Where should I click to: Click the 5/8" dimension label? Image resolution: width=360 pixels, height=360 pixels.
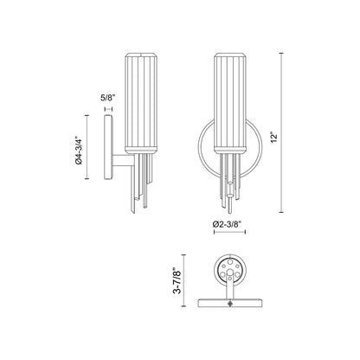tap(107, 99)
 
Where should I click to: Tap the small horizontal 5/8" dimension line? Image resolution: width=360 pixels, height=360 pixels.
tap(107, 111)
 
